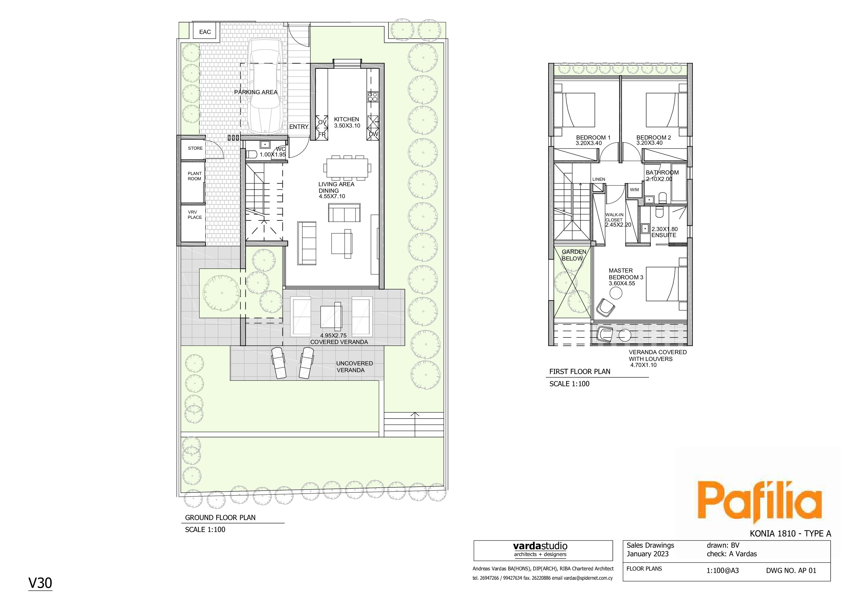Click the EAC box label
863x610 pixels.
(x=205, y=32)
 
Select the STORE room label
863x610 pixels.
(x=195, y=148)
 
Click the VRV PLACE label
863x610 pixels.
(x=195, y=215)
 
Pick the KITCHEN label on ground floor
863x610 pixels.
(x=346, y=119)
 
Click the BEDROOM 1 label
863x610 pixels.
(x=593, y=137)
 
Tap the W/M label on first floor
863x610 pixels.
(x=634, y=190)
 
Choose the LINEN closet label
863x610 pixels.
(x=599, y=179)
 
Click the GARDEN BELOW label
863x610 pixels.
(x=574, y=255)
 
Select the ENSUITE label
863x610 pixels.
(x=664, y=235)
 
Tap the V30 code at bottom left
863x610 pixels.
(x=40, y=583)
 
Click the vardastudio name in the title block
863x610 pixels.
(x=540, y=546)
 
